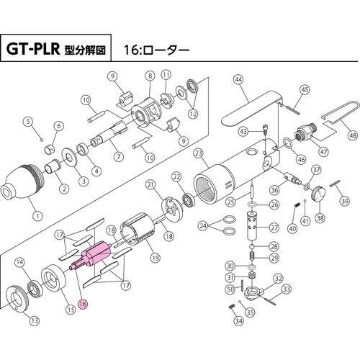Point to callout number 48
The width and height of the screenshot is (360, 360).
(x=352, y=135)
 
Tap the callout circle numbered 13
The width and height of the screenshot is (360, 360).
(x=35, y=320)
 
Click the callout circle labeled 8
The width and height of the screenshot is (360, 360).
(x=150, y=76)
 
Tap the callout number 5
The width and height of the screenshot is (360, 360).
(x=30, y=120)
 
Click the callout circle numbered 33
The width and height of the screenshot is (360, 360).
(x=287, y=289)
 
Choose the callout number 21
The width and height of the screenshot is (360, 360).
(x=151, y=185)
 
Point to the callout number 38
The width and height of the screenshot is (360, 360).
(x=320, y=219)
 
